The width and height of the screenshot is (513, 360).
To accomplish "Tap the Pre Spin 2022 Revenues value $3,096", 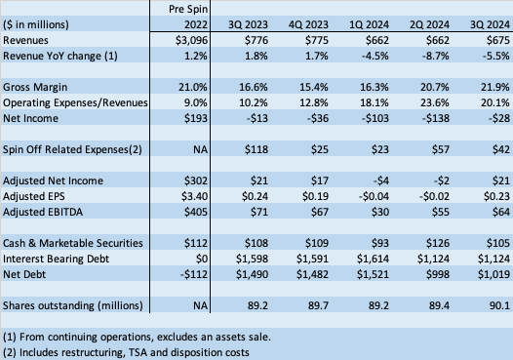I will [x=188, y=40].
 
